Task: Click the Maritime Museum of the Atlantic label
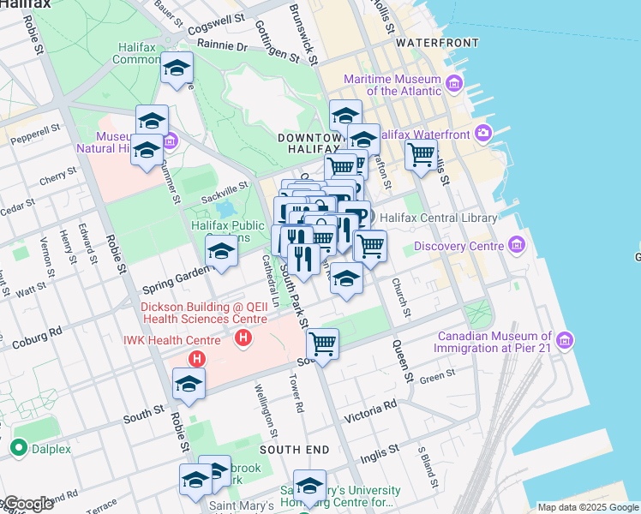pyautogui.click(x=392, y=85)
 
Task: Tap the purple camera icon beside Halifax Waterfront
pyautogui.click(x=484, y=133)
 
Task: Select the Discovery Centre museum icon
pyautogui.click(x=516, y=246)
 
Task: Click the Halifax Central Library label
pyautogui.click(x=444, y=218)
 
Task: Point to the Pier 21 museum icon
pyautogui.click(x=564, y=342)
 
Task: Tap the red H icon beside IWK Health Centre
pyautogui.click(x=198, y=359)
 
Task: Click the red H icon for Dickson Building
pyautogui.click(x=244, y=338)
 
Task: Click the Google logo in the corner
pyautogui.click(x=27, y=503)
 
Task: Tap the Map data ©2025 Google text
pyautogui.click(x=588, y=507)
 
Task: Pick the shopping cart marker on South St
pyautogui.click(x=322, y=344)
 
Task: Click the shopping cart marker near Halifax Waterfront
pyautogui.click(x=421, y=155)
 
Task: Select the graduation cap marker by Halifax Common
pyautogui.click(x=177, y=68)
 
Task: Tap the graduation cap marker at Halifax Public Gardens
pyautogui.click(x=220, y=252)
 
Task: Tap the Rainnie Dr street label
pyautogui.click(x=221, y=45)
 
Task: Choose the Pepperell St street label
pyautogui.click(x=34, y=134)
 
